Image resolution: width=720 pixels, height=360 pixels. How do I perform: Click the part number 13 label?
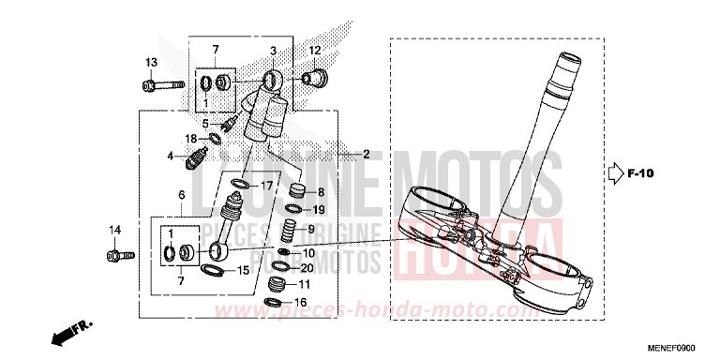pyautogui.click(x=149, y=62)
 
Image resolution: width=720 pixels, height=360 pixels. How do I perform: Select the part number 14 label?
pyautogui.click(x=114, y=230)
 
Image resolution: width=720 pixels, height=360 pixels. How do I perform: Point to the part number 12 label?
pyautogui.click(x=315, y=50)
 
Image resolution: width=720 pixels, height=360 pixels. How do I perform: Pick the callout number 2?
pyautogui.click(x=367, y=154)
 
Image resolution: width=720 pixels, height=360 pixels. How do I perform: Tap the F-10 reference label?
pyautogui.click(x=639, y=173)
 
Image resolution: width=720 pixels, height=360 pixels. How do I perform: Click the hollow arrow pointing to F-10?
pyautogui.click(x=614, y=173)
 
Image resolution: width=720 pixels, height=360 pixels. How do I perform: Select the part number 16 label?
pyautogui.click(x=301, y=303)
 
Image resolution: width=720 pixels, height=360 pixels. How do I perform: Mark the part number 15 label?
pyautogui.click(x=242, y=271)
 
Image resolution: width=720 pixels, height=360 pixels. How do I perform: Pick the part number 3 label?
pyautogui.click(x=274, y=50)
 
